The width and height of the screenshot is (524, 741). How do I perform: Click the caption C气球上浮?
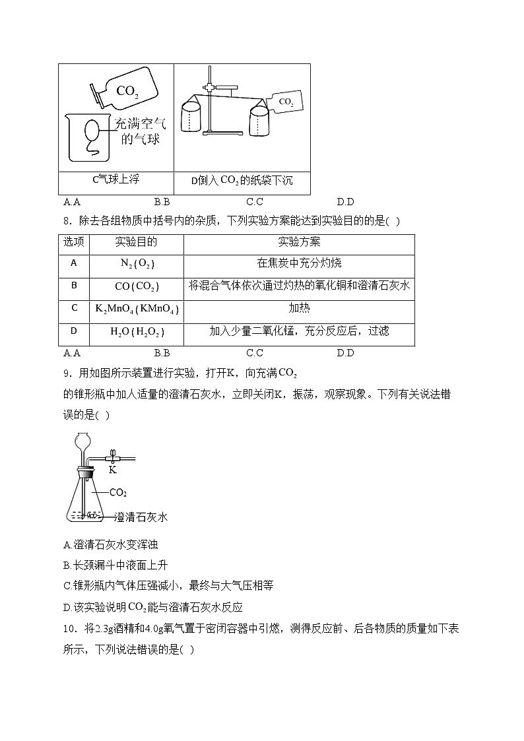point(115,179)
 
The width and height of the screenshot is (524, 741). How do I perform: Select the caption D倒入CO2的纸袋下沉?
point(242,180)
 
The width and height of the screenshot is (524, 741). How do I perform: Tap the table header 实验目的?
point(136,242)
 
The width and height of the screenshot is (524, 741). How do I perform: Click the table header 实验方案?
point(299,242)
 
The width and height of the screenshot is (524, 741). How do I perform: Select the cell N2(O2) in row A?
point(137,263)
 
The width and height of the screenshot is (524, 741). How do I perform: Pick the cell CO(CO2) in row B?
point(137,286)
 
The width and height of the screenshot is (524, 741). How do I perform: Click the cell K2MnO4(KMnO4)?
point(137,309)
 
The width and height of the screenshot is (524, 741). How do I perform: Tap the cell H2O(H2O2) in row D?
point(137,332)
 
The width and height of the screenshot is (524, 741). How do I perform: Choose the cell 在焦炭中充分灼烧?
point(299,263)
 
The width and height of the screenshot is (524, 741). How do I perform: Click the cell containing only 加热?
point(299,309)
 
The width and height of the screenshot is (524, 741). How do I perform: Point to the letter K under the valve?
point(112,470)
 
